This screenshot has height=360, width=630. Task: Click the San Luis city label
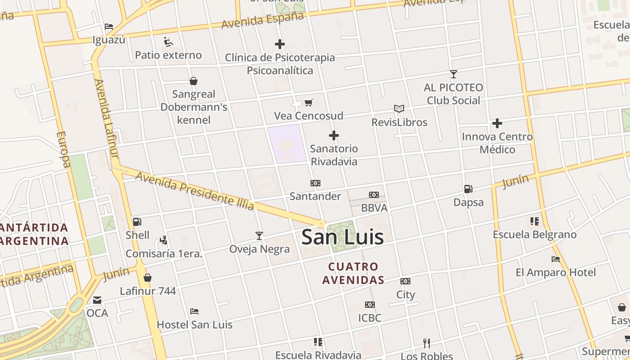tap(342, 237)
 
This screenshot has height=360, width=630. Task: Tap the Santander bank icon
tap(315, 183)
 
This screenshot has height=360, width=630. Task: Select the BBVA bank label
tap(374, 208)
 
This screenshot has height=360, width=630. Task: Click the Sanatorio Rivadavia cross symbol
tap(334, 135)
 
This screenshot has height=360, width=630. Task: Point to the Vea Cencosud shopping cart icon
tap(309, 103)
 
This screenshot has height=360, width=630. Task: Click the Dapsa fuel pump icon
tap(468, 189)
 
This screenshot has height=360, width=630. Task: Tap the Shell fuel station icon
tap(137, 221)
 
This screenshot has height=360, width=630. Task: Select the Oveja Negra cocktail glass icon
tap(259, 235)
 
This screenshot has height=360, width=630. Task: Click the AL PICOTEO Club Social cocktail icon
tap(454, 74)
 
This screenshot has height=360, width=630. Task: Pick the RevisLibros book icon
tap(399, 108)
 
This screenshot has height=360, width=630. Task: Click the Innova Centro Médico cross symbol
tap(497, 123)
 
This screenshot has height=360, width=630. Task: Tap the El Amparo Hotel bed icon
tap(556, 259)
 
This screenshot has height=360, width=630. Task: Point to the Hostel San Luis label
tap(194, 324)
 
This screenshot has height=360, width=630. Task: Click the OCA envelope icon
tap(97, 300)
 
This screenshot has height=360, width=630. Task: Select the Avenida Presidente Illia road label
tap(195, 191)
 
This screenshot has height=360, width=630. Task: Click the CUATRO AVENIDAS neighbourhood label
tap(353, 273)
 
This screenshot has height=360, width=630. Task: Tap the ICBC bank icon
tap(370, 305)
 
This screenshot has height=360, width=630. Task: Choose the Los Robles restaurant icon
tap(427, 343)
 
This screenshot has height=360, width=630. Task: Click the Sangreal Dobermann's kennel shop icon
tap(193, 81)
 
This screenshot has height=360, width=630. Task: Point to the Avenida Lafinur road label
tap(106, 119)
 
